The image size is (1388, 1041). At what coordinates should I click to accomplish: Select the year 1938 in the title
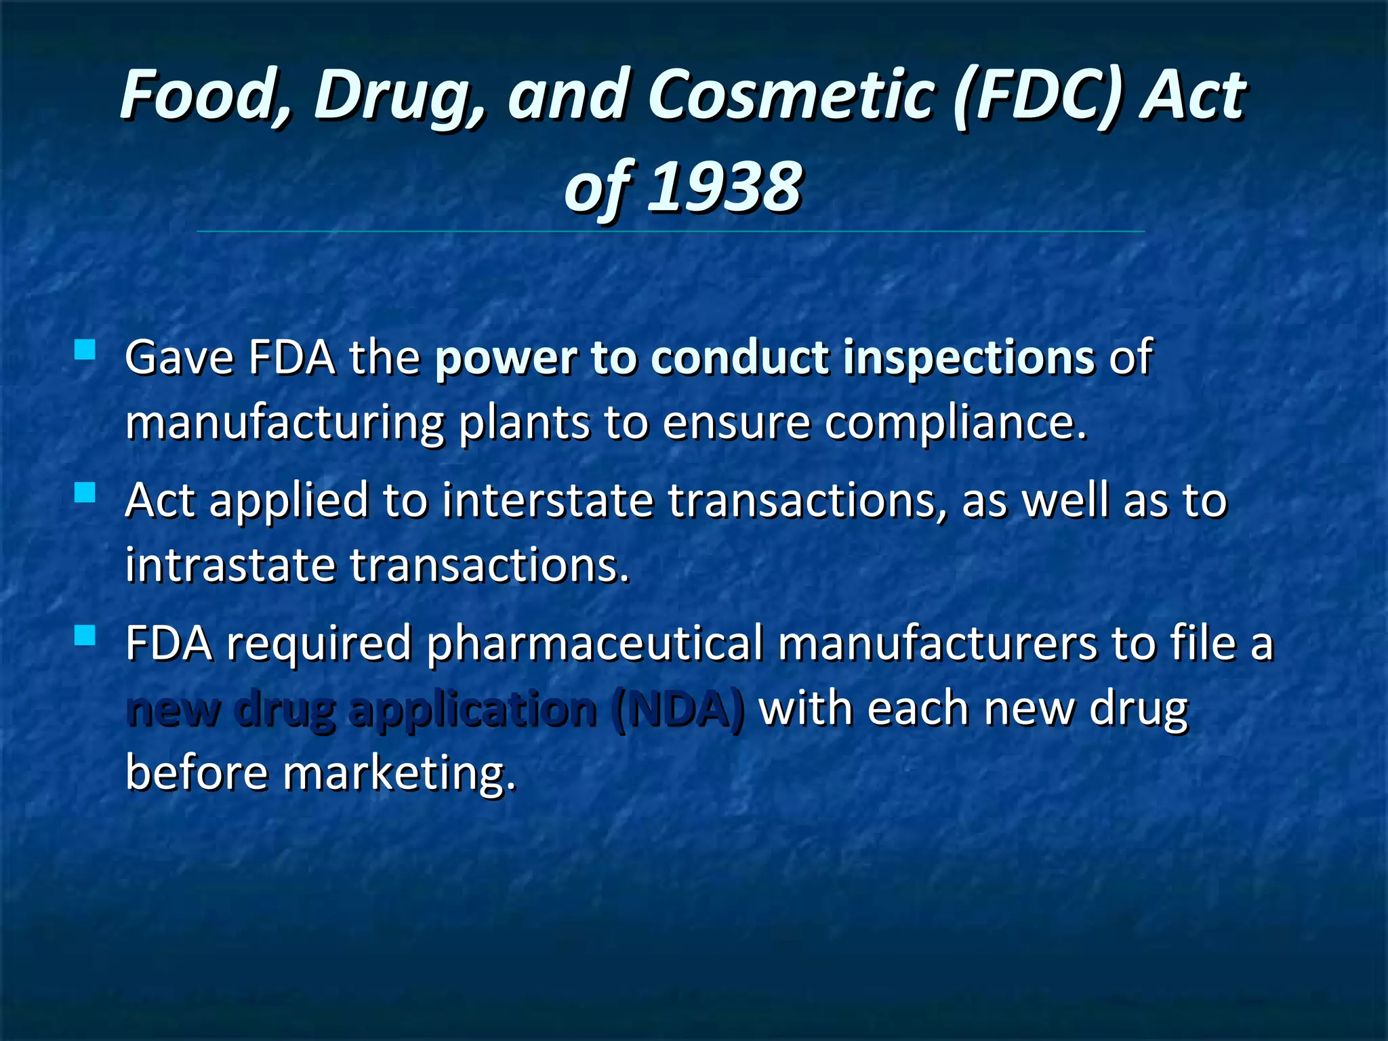[724, 187]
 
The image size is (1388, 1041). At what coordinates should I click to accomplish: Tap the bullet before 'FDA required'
[85, 636]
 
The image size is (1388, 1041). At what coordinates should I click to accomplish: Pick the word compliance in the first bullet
[956, 424]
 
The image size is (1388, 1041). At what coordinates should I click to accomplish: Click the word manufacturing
[285, 424]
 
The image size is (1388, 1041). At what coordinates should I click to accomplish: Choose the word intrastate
[230, 567]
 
